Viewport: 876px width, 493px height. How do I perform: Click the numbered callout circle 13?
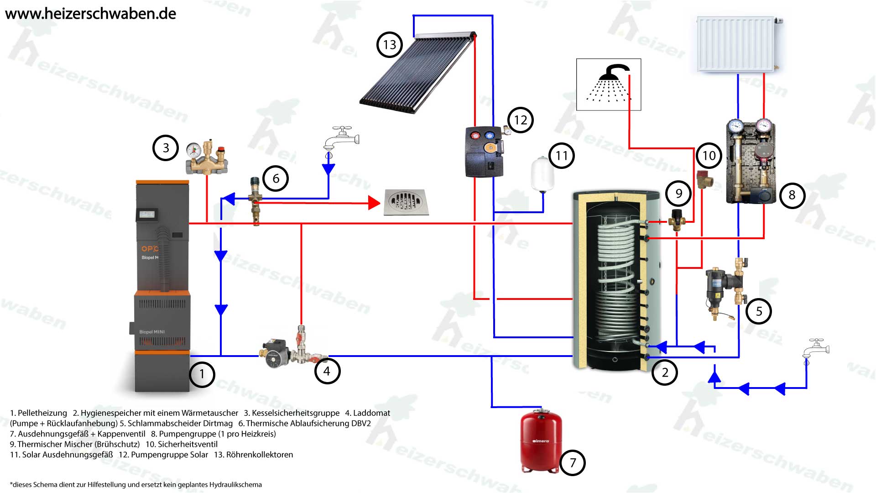[x=389, y=45]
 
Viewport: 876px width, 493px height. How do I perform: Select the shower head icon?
[x=609, y=84]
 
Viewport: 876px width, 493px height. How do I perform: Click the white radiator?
[x=736, y=44]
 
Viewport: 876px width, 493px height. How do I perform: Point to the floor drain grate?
[x=406, y=202]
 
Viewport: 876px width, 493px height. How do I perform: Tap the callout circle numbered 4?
[x=327, y=371]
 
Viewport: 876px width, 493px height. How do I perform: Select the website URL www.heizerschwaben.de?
[x=90, y=14]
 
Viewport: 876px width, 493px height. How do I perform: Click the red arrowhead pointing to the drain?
[x=374, y=203]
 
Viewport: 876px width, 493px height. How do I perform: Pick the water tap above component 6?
[x=341, y=138]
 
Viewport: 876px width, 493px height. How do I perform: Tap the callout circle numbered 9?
[x=678, y=194]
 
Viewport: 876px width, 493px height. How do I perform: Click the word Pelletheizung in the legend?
[x=42, y=413]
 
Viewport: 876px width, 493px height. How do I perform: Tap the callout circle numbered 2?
[x=664, y=372]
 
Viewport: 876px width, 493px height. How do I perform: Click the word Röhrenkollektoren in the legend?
[x=260, y=455]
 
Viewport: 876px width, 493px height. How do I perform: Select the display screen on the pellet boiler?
[x=147, y=214]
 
